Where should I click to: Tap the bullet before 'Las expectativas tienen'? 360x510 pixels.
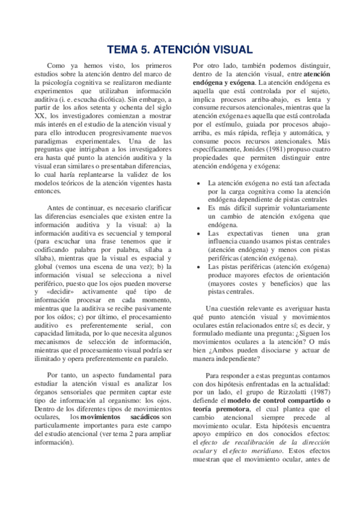(x=200, y=233)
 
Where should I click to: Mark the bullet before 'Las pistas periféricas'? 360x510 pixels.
(x=200, y=266)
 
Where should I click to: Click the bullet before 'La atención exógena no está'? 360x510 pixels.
(x=200, y=183)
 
